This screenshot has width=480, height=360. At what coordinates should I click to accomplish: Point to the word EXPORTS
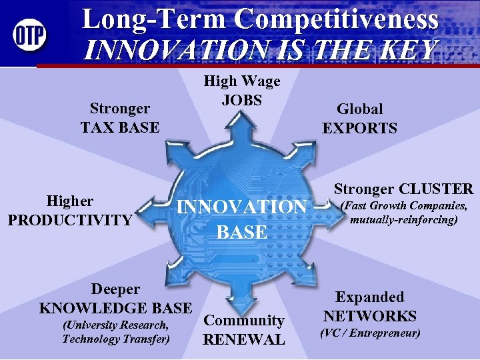coord(359,128)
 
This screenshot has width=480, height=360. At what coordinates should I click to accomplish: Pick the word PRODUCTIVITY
coord(70,219)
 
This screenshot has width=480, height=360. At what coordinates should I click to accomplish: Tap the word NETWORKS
coord(369,316)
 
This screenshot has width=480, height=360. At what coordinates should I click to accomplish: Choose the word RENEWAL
coord(243,339)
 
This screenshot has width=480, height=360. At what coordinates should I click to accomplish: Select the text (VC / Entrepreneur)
coord(370,332)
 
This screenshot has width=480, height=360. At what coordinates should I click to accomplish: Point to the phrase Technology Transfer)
coord(115,339)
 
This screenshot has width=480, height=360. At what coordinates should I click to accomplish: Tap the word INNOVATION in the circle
coord(241,207)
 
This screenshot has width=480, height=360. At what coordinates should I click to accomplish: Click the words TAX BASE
coord(120,127)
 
